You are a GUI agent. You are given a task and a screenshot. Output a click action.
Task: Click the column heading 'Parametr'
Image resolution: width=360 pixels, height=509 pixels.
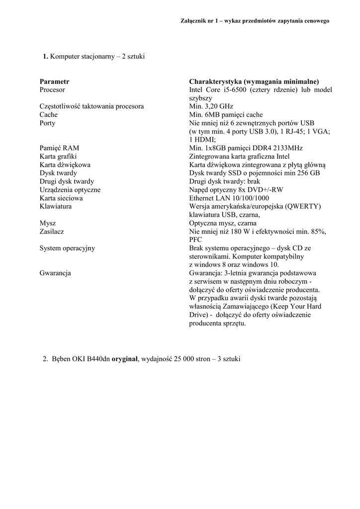click(x=54, y=81)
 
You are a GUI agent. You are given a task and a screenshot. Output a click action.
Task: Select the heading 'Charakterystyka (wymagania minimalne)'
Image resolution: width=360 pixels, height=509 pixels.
click(x=254, y=81)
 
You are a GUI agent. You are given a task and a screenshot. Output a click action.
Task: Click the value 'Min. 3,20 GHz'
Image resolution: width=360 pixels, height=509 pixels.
click(x=211, y=106)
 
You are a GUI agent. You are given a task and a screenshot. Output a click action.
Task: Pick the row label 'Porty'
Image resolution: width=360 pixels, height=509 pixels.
click(x=47, y=123)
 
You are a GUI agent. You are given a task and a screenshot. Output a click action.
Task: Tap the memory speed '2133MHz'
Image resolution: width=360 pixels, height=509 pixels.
click(x=289, y=148)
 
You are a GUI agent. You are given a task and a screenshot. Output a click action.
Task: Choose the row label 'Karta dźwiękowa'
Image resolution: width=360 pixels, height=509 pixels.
click(x=65, y=165)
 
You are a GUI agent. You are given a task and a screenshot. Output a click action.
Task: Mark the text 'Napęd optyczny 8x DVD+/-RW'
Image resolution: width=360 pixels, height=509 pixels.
click(x=232, y=190)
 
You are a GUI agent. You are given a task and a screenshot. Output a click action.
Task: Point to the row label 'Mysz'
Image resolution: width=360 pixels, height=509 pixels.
click(x=47, y=223)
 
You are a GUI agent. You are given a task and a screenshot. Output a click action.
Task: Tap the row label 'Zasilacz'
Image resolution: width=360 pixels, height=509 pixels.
click(x=52, y=232)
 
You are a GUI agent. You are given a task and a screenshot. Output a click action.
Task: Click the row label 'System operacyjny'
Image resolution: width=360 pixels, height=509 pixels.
click(x=67, y=248)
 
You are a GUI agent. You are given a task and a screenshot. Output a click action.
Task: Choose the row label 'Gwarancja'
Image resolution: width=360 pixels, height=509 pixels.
click(x=55, y=273)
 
